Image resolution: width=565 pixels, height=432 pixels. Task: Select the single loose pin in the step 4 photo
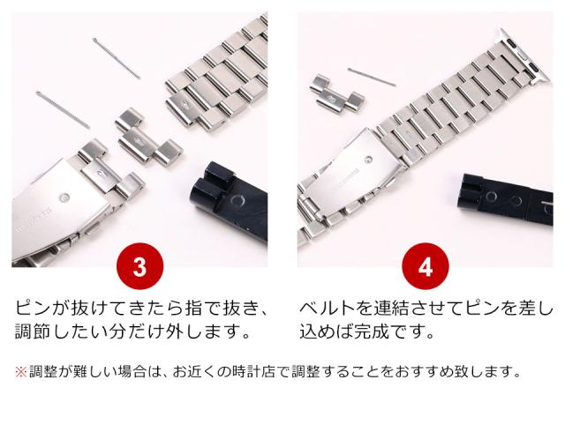pyautogui.click(x=372, y=77)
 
